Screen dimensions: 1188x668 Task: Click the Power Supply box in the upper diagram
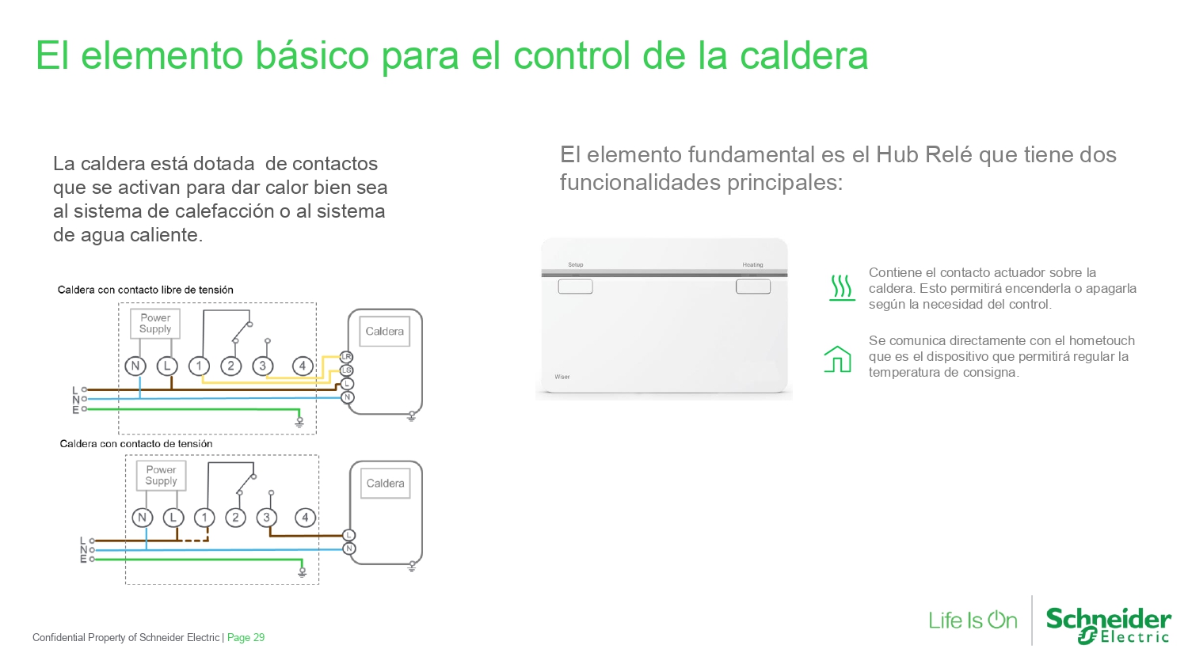(155, 324)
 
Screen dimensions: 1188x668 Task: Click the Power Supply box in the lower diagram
(162, 476)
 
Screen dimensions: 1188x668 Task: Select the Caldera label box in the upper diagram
(384, 332)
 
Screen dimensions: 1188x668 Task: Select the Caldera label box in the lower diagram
(386, 483)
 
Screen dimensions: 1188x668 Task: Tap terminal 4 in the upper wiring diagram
(303, 366)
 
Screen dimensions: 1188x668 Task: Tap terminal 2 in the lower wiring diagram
(235, 518)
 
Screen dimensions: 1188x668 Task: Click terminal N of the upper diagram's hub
(135, 366)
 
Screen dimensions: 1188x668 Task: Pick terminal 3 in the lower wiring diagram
(267, 518)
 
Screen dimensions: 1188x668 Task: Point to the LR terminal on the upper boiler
(347, 357)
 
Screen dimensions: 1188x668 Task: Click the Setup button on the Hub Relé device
(576, 287)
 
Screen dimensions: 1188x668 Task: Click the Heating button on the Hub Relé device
(753, 287)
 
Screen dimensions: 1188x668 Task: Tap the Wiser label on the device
(562, 377)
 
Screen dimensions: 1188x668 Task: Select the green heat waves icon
(842, 288)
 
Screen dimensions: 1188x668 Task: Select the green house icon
(837, 359)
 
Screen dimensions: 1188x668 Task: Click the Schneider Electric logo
(1109, 626)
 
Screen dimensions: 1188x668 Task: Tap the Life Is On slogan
(973, 621)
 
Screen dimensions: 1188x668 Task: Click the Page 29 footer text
(246, 637)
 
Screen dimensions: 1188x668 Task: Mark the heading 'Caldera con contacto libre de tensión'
(145, 290)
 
